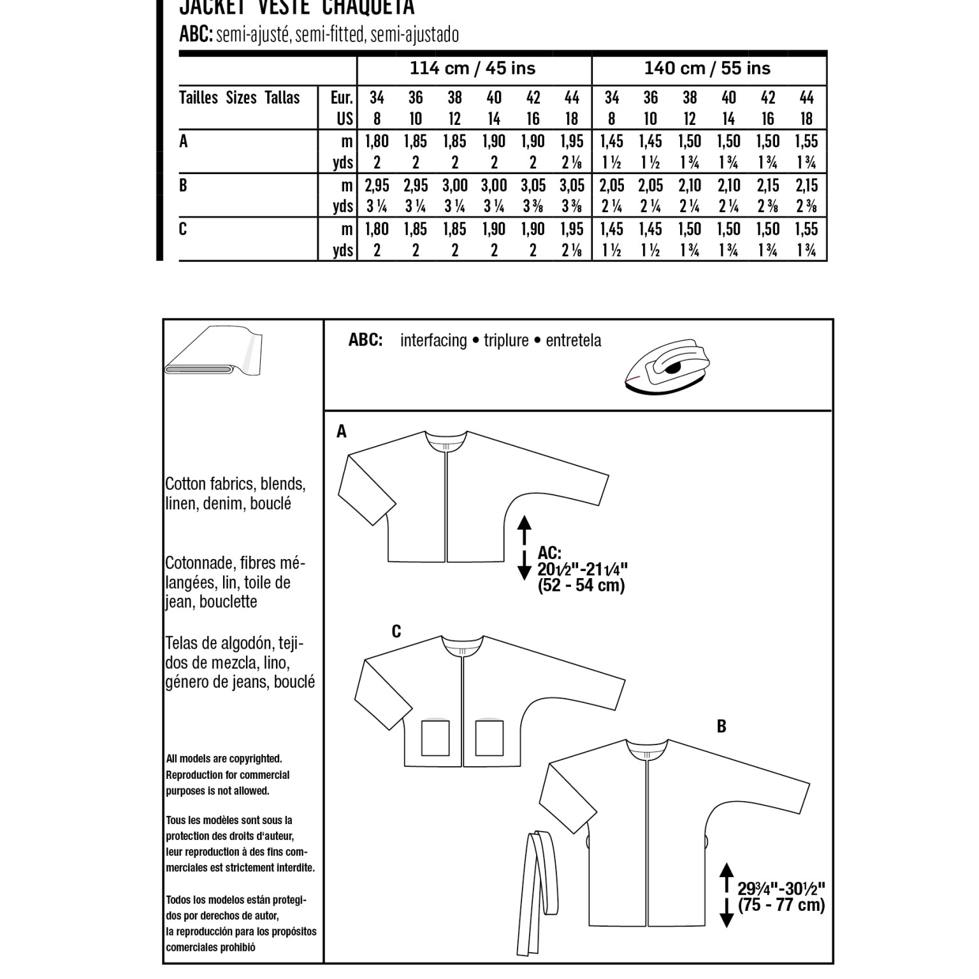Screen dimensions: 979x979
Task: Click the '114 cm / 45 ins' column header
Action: coord(472,68)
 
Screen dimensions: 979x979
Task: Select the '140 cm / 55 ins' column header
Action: coord(707,68)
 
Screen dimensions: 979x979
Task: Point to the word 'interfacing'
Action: coord(433,340)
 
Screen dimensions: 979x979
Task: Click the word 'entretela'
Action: coord(573,340)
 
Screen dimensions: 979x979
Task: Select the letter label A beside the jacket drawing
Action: coord(342,432)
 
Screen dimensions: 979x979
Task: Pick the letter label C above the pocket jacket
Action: coord(396,632)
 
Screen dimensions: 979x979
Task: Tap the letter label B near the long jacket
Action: coord(722,727)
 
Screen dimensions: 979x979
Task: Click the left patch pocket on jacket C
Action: coord(435,738)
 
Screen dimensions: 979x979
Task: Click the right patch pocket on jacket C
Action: coord(488,738)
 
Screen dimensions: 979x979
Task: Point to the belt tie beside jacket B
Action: coord(530,892)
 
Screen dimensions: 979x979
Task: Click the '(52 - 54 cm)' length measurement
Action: coord(581,586)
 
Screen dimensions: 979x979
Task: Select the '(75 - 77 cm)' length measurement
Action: coord(781,905)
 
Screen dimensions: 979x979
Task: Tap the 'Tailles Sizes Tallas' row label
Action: coord(240,98)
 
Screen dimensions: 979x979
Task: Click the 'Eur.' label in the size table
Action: coord(342,98)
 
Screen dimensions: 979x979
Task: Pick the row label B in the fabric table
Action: coord(184,185)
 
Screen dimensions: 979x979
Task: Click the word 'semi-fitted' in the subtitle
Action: coord(330,34)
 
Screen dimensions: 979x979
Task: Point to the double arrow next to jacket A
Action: coord(524,548)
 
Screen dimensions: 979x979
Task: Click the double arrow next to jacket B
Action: coord(726,895)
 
